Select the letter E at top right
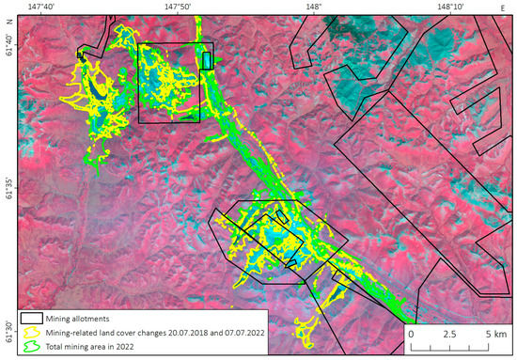(504, 7)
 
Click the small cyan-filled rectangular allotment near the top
(207, 61)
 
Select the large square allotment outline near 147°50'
(169, 83)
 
